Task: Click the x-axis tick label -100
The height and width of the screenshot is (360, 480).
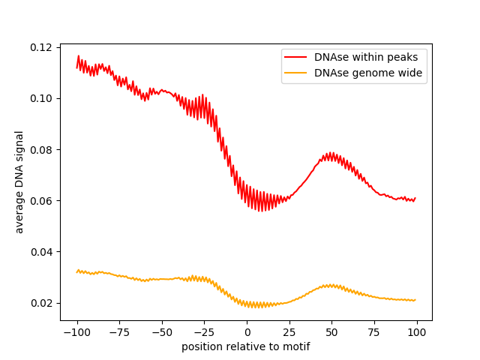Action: click(x=76, y=332)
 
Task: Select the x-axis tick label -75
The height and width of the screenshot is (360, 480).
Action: click(x=119, y=332)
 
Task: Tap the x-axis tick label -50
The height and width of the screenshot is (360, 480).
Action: click(x=162, y=332)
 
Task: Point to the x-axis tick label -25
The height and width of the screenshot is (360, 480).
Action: click(x=204, y=332)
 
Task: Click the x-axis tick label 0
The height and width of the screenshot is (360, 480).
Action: click(x=247, y=332)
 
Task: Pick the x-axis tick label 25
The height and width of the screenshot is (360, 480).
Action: click(x=289, y=332)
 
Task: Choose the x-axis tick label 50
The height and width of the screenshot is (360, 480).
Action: click(x=332, y=332)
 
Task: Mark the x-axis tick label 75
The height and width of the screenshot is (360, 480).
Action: click(x=374, y=332)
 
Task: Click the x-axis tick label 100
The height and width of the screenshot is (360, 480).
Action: click(x=417, y=332)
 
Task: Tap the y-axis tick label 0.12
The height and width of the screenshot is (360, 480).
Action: click(x=42, y=47)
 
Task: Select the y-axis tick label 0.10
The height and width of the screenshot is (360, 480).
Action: click(x=42, y=98)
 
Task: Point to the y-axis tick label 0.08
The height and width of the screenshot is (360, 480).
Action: click(x=42, y=149)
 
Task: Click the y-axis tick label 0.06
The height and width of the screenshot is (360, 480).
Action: click(x=42, y=200)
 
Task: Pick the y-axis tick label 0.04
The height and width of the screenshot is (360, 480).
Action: click(x=42, y=252)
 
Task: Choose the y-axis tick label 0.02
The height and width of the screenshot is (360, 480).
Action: click(x=42, y=303)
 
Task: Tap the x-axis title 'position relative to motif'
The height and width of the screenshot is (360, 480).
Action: click(x=246, y=346)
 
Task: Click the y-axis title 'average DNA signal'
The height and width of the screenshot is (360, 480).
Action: click(x=19, y=181)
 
